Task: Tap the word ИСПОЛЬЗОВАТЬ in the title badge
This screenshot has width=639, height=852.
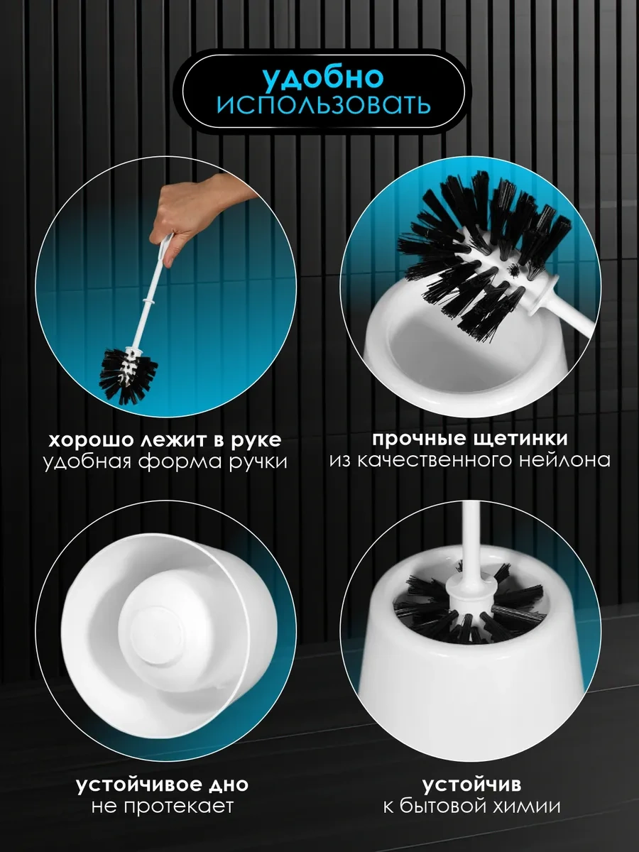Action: coord(324,105)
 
